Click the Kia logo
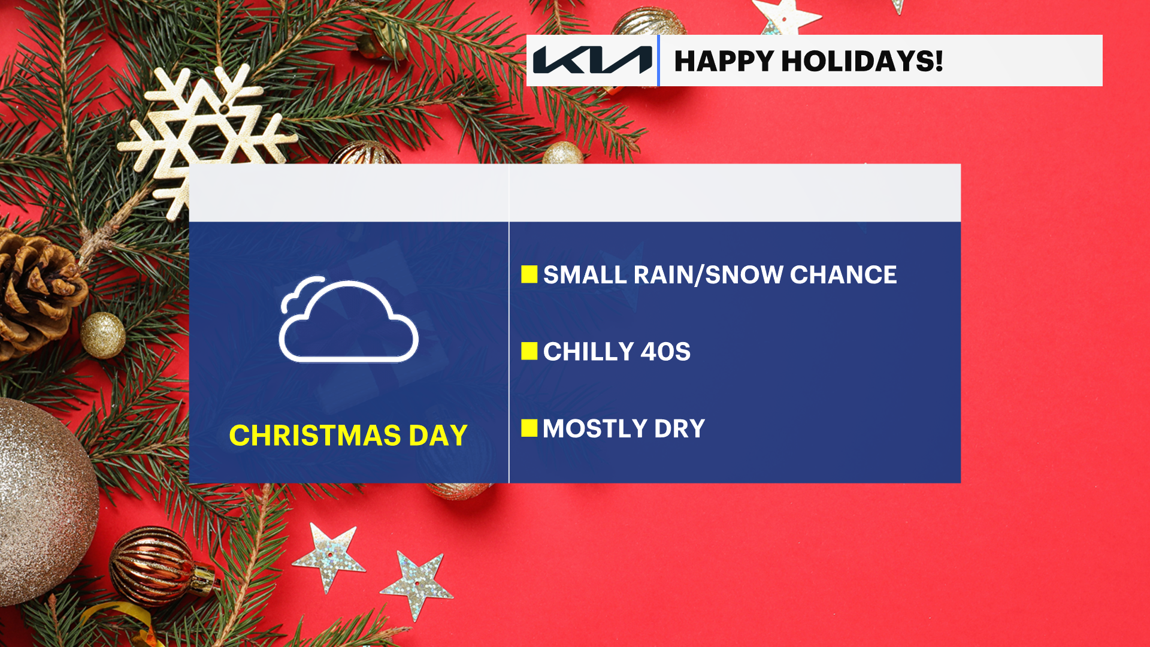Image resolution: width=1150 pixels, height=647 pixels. [592, 60]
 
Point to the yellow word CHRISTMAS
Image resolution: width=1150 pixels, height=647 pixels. [315, 436]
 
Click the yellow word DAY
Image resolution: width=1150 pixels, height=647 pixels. [438, 436]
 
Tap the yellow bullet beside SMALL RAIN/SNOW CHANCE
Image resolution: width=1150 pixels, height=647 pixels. [529, 274]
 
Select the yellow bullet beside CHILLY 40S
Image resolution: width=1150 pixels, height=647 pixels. [529, 351]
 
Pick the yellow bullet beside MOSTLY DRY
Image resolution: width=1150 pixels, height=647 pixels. [529, 428]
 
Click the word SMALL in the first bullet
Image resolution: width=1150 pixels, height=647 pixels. [585, 275]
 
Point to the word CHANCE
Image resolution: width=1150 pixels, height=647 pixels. [843, 275]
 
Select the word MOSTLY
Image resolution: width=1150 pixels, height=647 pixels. [595, 429]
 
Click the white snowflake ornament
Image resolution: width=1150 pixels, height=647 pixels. [207, 135]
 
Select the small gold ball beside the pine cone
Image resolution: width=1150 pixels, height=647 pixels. [103, 335]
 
